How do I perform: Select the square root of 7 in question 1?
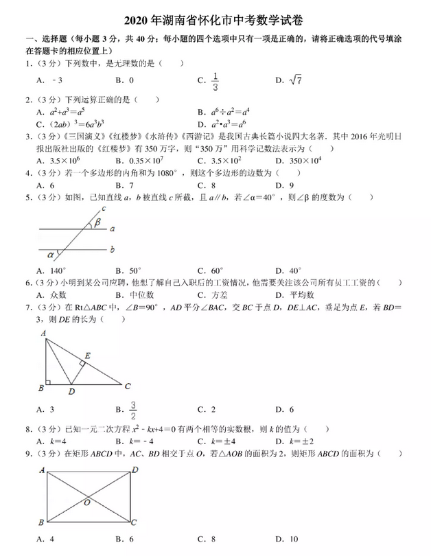point(296,81)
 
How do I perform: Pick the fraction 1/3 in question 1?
point(215,81)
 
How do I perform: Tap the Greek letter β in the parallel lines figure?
point(98,222)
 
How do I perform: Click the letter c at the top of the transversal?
point(103,207)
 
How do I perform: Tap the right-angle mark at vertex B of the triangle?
point(49,382)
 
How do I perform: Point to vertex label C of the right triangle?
point(128,386)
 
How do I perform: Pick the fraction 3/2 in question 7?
point(135,409)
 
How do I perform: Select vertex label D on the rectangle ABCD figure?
point(135,470)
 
